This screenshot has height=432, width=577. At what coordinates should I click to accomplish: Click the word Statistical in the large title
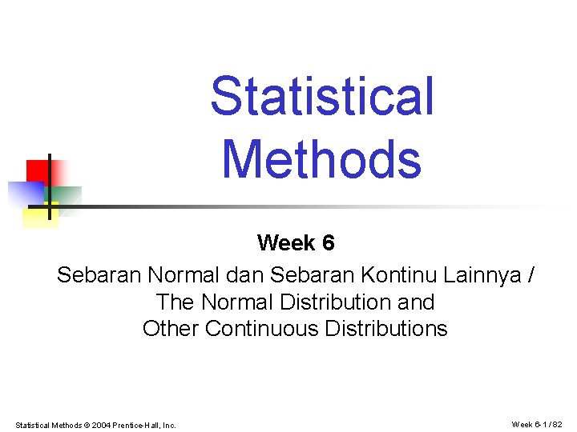(x=321, y=96)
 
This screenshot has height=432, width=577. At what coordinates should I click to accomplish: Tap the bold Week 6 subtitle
(x=296, y=242)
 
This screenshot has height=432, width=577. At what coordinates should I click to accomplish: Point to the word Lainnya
(x=478, y=276)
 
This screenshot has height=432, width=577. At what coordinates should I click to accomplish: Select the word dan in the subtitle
(x=245, y=276)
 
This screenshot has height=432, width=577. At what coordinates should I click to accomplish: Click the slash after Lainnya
(x=530, y=276)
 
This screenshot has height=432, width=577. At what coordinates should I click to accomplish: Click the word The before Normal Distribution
(x=176, y=302)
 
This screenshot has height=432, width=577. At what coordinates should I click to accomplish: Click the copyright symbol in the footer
(x=87, y=425)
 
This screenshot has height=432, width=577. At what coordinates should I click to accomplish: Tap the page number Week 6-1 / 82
(x=539, y=424)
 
